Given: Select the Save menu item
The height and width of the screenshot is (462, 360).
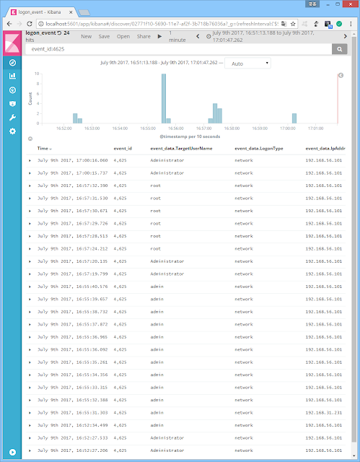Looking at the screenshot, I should click(x=104, y=35).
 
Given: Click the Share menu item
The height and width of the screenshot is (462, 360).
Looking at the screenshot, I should click(x=144, y=35).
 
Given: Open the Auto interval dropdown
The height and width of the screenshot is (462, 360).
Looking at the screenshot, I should click(x=247, y=64).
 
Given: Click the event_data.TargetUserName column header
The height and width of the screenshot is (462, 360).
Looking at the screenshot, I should click(x=181, y=149).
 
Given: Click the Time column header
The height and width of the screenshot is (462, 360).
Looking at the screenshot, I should click(x=43, y=149).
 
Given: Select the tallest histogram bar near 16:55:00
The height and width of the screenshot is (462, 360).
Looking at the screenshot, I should click(x=164, y=98).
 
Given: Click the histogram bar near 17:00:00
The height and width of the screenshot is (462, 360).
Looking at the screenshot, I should click(x=294, y=118).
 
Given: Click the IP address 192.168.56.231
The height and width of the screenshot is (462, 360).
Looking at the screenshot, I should click(x=322, y=412).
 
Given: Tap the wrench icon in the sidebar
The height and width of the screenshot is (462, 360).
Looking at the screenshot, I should click(x=12, y=117).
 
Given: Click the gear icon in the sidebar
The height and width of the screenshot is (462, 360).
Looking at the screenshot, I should click(x=12, y=131).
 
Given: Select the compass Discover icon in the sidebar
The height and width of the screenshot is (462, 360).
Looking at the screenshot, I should click(x=12, y=63).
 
